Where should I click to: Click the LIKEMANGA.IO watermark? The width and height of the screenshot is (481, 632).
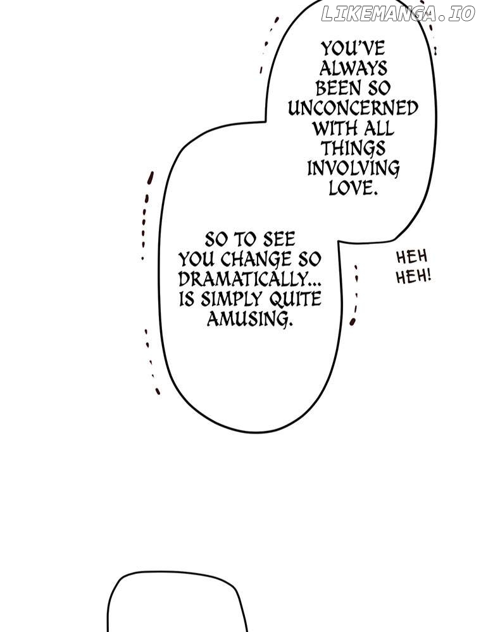398,14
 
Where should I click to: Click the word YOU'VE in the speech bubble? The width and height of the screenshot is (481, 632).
353,49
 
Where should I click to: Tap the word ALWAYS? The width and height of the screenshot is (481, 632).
353,68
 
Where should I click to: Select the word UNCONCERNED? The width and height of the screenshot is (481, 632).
353,108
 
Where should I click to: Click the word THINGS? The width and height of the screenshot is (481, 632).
353,149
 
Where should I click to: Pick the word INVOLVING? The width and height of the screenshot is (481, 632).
353,168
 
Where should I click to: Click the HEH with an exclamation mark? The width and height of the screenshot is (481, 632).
413,277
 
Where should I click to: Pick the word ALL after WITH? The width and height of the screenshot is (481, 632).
378,128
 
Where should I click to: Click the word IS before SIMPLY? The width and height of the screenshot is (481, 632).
187,299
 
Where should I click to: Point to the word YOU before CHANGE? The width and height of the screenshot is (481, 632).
196,260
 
